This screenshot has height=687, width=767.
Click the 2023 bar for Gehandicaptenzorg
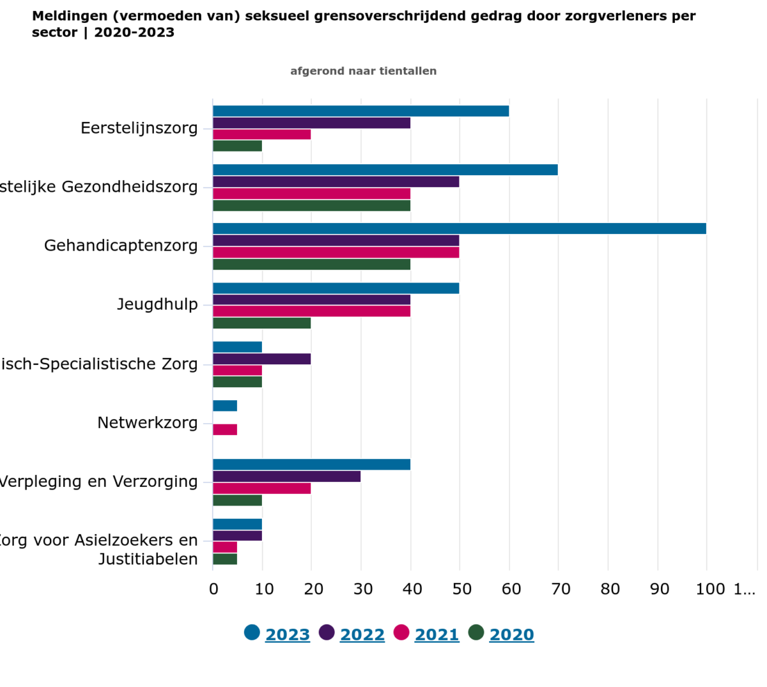click(459, 229)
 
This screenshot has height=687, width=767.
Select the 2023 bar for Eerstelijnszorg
click(360, 111)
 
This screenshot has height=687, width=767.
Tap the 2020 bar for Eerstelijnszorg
click(237, 146)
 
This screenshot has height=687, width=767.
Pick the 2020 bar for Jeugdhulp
click(261, 323)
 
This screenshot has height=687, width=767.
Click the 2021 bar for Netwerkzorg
click(225, 429)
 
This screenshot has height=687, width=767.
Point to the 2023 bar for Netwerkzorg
click(225, 406)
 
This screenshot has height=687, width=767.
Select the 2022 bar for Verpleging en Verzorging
click(286, 477)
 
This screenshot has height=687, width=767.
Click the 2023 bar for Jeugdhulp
click(336, 288)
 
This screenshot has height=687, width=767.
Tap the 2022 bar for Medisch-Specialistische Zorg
click(261, 359)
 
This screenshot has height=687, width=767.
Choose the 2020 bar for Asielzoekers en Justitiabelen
click(225, 559)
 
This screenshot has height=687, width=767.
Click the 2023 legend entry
click(287, 635)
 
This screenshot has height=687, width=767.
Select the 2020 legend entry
click(511, 635)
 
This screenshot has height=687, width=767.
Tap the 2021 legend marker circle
click(401, 633)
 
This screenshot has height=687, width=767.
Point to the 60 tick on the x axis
click(511, 589)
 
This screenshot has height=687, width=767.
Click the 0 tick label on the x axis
click(213, 589)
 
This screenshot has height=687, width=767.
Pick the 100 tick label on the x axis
click(710, 589)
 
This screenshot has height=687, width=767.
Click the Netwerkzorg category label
click(148, 422)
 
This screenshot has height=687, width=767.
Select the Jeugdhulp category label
click(157, 304)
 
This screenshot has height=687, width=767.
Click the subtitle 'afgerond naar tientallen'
click(363, 71)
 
